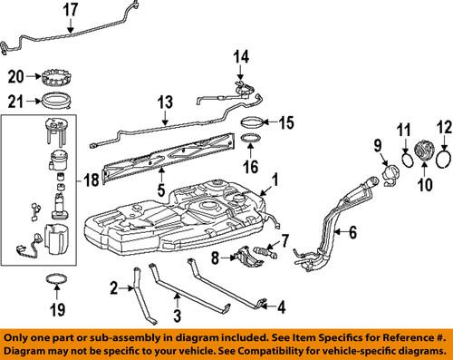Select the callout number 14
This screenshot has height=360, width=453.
click(239, 56)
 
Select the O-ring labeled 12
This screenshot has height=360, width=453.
click(443, 157)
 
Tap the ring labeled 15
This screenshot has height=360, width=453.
click(255, 120)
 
